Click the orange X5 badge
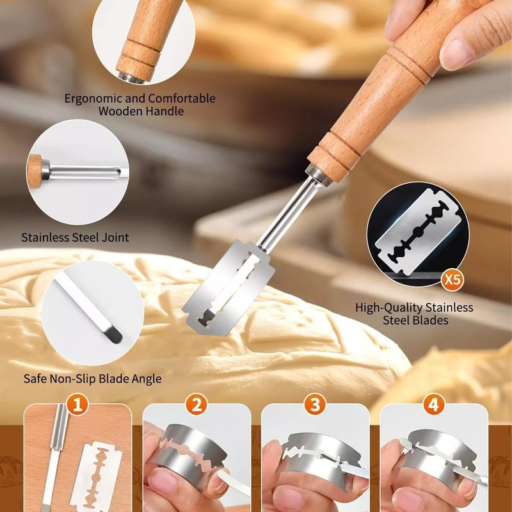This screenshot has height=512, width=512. (x=452, y=280)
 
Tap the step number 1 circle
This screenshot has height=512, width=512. (x=77, y=405)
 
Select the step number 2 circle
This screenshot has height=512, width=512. (x=196, y=405)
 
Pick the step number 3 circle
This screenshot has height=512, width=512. (x=315, y=405)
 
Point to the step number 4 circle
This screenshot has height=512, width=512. (x=434, y=405)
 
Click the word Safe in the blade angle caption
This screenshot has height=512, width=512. (x=35, y=379)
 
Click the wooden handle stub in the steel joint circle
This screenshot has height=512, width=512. (x=35, y=172)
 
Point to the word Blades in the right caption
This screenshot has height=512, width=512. (x=431, y=321)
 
